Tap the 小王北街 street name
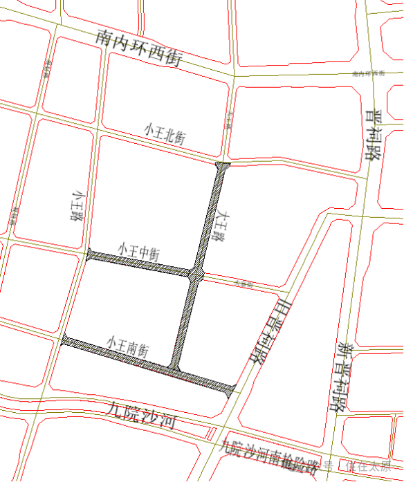[165, 133]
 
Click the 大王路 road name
[221, 228]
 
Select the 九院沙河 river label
[141, 414]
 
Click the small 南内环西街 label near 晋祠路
[367, 73]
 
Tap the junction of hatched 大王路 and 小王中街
[195, 275]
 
